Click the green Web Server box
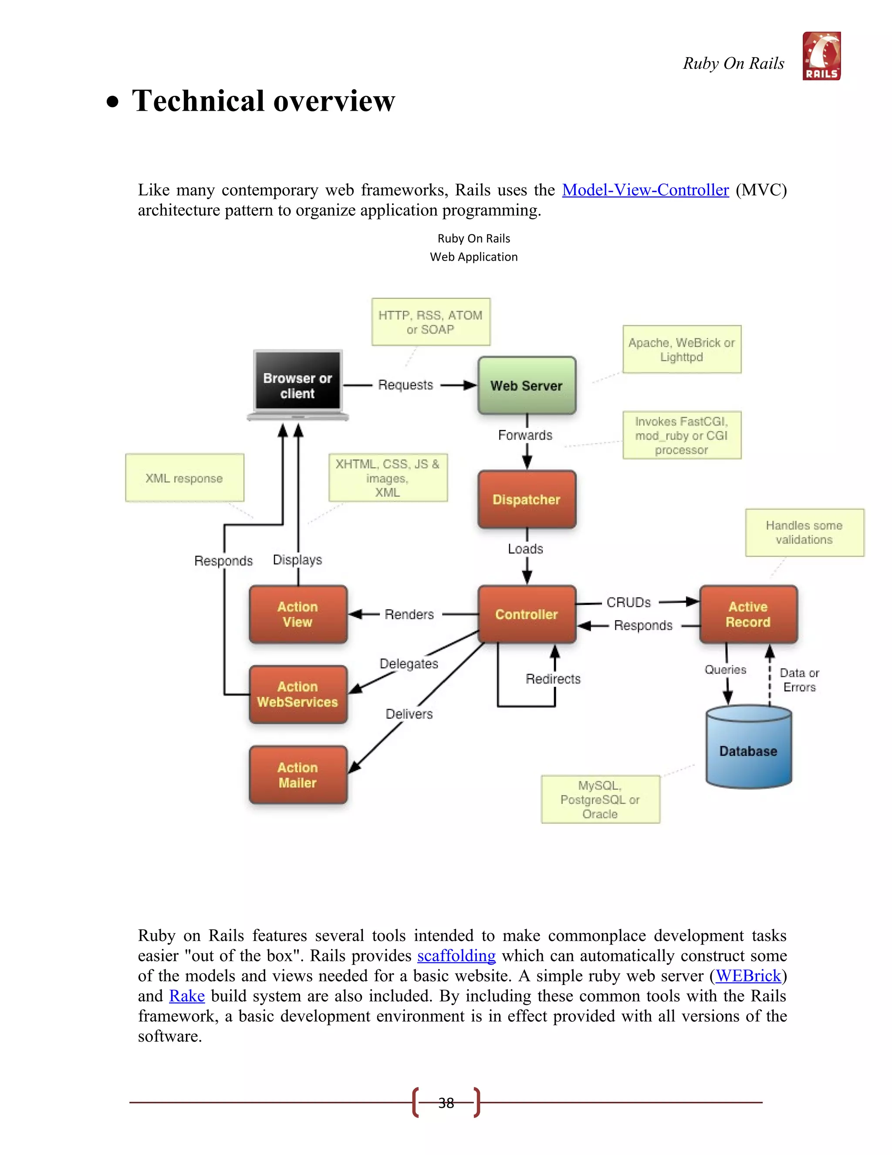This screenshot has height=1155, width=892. pyautogui.click(x=526, y=386)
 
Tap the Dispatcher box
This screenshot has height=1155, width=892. pyautogui.click(x=526, y=499)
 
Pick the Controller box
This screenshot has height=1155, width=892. pyautogui.click(x=526, y=614)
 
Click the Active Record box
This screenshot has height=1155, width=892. pyautogui.click(x=748, y=614)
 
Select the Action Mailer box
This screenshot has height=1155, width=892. pyautogui.click(x=298, y=775)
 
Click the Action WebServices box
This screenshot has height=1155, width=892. pyautogui.click(x=298, y=694)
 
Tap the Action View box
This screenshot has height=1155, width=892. pyautogui.click(x=298, y=614)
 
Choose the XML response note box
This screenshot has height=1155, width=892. pyautogui.click(x=184, y=478)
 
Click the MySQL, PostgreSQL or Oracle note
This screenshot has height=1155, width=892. pyautogui.click(x=600, y=799)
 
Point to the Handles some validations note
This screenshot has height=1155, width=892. pyautogui.click(x=804, y=532)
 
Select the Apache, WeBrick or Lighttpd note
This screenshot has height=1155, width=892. pyautogui.click(x=682, y=350)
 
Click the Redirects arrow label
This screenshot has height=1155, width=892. pyautogui.click(x=553, y=679)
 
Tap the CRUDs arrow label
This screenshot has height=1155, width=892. pyautogui.click(x=628, y=602)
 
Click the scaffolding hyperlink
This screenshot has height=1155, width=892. pyautogui.click(x=456, y=956)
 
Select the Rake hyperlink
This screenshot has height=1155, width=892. pyautogui.click(x=186, y=996)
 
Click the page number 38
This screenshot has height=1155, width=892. pyautogui.click(x=446, y=1103)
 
